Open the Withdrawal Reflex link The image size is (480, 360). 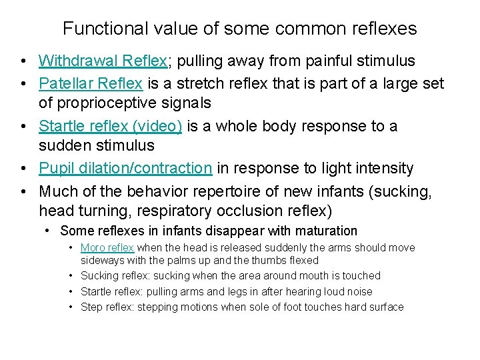pyautogui.click(x=103, y=61)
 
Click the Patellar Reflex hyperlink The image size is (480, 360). pyautogui.click(x=91, y=83)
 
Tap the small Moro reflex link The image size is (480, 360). pyautogui.click(x=107, y=248)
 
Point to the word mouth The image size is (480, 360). pyautogui.click(x=297, y=276)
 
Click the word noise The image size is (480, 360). pyautogui.click(x=357, y=291)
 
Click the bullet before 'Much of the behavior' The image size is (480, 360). pyautogui.click(x=23, y=192)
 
